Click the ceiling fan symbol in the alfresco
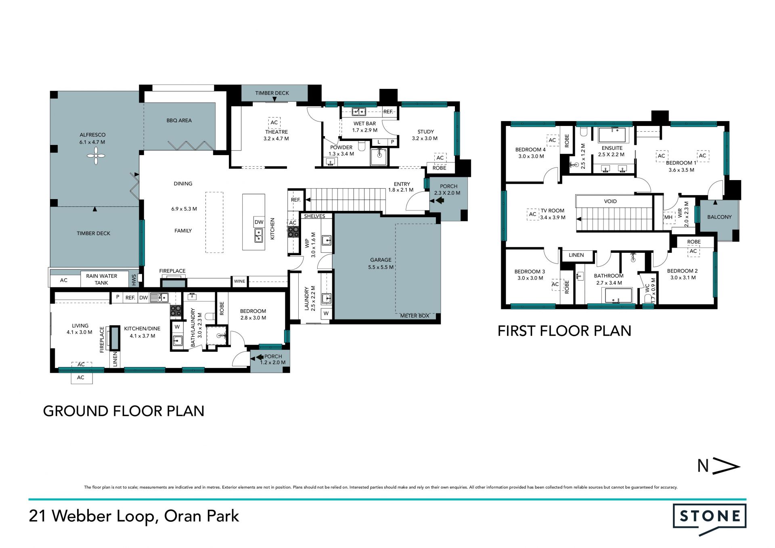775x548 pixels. click(96, 155)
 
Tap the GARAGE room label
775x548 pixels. click(381, 260)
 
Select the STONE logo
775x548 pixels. click(710, 519)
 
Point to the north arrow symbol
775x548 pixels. click(718, 466)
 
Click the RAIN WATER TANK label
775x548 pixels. click(101, 279)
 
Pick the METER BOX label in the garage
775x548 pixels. click(415, 316)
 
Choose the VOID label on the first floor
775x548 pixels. click(610, 201)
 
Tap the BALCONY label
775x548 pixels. click(719, 217)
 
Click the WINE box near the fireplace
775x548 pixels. click(239, 281)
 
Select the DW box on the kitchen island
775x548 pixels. click(259, 222)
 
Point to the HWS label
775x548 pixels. click(134, 279)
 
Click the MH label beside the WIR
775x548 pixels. click(668, 217)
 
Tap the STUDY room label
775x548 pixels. click(425, 132)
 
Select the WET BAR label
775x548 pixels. click(364, 124)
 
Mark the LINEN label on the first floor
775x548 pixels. click(576, 255)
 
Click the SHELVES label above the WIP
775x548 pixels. click(314, 216)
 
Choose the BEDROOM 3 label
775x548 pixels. click(530, 271)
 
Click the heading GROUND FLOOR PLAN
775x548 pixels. click(124, 411)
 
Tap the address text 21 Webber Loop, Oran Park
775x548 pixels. click(134, 516)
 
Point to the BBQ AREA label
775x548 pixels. click(179, 120)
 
